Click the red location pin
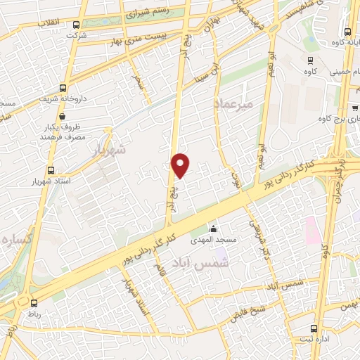(x=181, y=165)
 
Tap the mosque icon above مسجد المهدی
(x=214, y=229)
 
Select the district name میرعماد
(x=233, y=103)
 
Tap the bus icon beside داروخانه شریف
(x=64, y=89)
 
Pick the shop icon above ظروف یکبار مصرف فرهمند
(x=106, y=129)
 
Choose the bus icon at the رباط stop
(x=34, y=304)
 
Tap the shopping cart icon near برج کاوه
(x=355, y=108)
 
